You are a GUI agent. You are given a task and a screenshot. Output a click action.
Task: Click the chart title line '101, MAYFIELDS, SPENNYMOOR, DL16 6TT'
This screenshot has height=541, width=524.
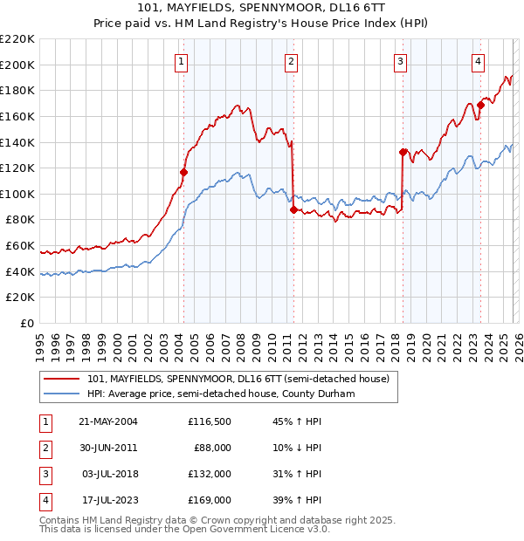(x=261, y=9)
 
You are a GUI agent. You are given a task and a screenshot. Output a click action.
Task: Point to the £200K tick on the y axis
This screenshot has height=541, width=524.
(x=17, y=65)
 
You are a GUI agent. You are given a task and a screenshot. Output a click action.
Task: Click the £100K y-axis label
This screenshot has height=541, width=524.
(x=17, y=194)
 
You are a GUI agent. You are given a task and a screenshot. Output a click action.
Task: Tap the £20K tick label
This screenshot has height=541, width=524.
(x=20, y=298)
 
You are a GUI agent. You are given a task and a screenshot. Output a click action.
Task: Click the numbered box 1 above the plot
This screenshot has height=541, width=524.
(x=181, y=61)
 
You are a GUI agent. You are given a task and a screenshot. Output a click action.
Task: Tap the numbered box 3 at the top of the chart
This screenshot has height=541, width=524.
(x=400, y=61)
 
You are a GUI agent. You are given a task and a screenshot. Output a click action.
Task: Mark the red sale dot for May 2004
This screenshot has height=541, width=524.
(x=184, y=172)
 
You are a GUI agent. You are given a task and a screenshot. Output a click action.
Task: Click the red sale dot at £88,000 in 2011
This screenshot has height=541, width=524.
(x=293, y=209)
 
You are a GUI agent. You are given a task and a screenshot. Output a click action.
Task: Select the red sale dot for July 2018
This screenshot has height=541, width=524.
(x=403, y=152)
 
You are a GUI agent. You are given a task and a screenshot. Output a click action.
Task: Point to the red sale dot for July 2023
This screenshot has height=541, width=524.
(x=480, y=105)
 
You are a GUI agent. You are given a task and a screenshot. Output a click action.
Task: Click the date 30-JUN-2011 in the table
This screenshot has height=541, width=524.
(x=108, y=447)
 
